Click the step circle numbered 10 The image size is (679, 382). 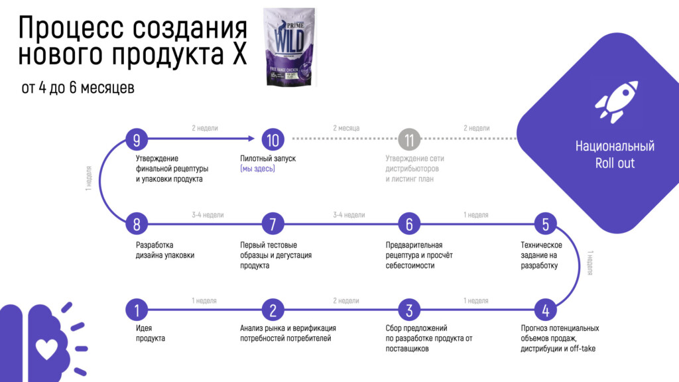tap(273, 139)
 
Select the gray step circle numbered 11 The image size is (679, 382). tap(409, 139)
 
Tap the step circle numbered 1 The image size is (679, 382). tap(137, 309)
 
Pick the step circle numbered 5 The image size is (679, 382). tap(545, 224)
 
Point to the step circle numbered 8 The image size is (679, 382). tap(137, 224)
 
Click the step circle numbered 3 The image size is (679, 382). tap(409, 309)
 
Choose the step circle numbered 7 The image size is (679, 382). tap(273, 224)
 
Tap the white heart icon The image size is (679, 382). tap(46, 348)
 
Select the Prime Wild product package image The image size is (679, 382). tap(289, 46)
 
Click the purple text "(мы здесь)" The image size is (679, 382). tap(257, 169)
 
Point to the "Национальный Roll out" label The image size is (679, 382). tap(615, 155)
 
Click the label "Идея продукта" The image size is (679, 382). tap(151, 333)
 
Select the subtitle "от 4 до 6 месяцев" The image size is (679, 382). tap(78, 88)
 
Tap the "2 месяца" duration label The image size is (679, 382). tap(346, 128)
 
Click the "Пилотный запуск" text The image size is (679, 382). tap(268, 159)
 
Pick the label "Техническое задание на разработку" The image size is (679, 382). tap(541, 255)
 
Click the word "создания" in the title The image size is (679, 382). tap(189, 28)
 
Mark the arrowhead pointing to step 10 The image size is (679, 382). tap(252, 139)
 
